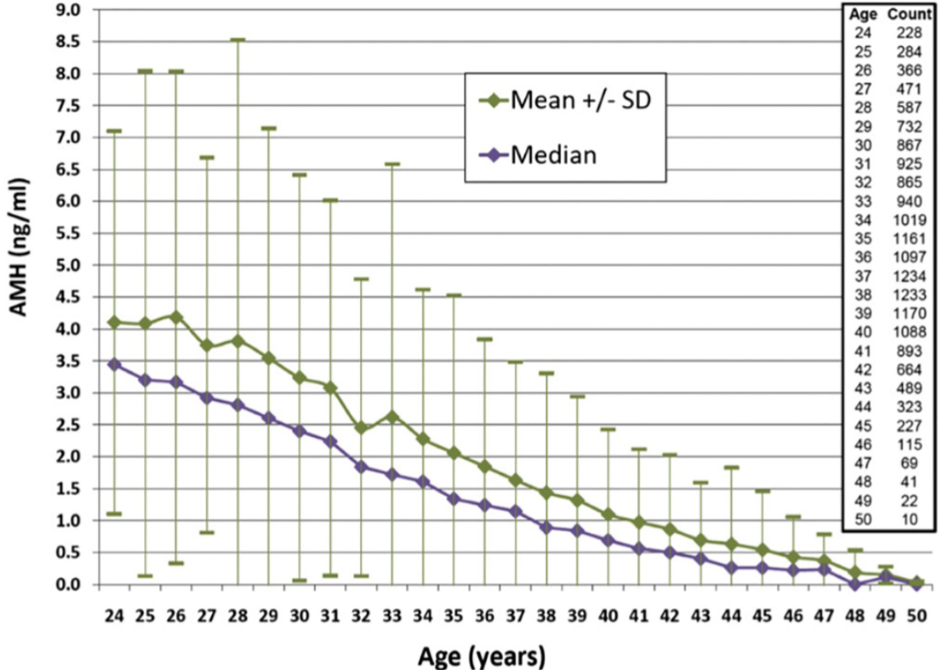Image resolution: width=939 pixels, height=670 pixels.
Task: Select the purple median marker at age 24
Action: pos(114,364)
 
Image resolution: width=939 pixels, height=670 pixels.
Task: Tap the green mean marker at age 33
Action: pos(391,416)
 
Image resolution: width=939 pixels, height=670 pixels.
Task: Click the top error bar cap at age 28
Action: pos(238,40)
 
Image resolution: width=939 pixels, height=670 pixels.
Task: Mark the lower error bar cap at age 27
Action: pos(207,532)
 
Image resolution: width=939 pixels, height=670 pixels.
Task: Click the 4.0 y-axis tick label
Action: pos(67,329)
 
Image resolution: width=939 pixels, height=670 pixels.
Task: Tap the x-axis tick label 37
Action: pos(516,615)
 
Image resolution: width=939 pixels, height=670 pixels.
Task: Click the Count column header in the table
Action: pos(909,16)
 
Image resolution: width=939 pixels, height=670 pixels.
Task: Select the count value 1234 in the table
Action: pos(909,275)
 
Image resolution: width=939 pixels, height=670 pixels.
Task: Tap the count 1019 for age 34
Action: pos(909,220)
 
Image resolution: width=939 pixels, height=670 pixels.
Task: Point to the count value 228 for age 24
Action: pos(910,33)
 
